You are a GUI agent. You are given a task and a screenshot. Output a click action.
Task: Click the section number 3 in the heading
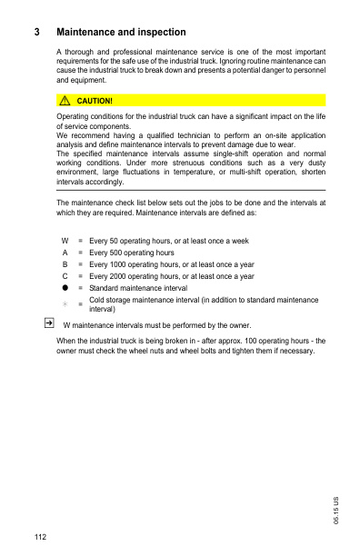point(36,33)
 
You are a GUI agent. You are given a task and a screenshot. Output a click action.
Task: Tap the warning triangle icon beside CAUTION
point(65,100)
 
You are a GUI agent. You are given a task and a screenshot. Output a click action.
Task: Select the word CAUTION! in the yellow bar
point(95,100)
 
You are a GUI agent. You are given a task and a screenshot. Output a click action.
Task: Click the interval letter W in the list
point(65,241)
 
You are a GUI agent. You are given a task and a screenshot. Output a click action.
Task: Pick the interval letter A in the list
point(65,253)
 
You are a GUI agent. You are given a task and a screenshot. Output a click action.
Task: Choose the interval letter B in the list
point(65,264)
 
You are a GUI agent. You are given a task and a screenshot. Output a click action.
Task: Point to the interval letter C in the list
point(65,276)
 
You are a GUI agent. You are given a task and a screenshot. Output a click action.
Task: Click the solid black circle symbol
point(65,288)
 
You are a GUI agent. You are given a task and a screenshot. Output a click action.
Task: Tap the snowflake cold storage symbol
point(65,303)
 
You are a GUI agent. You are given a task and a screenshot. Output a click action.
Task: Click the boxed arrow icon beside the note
point(48,323)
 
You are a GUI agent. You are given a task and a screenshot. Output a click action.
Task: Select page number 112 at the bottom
point(41,538)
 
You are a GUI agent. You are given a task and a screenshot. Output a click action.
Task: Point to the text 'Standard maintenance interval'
point(138,288)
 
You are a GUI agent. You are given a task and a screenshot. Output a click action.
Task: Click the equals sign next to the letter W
point(80,241)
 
